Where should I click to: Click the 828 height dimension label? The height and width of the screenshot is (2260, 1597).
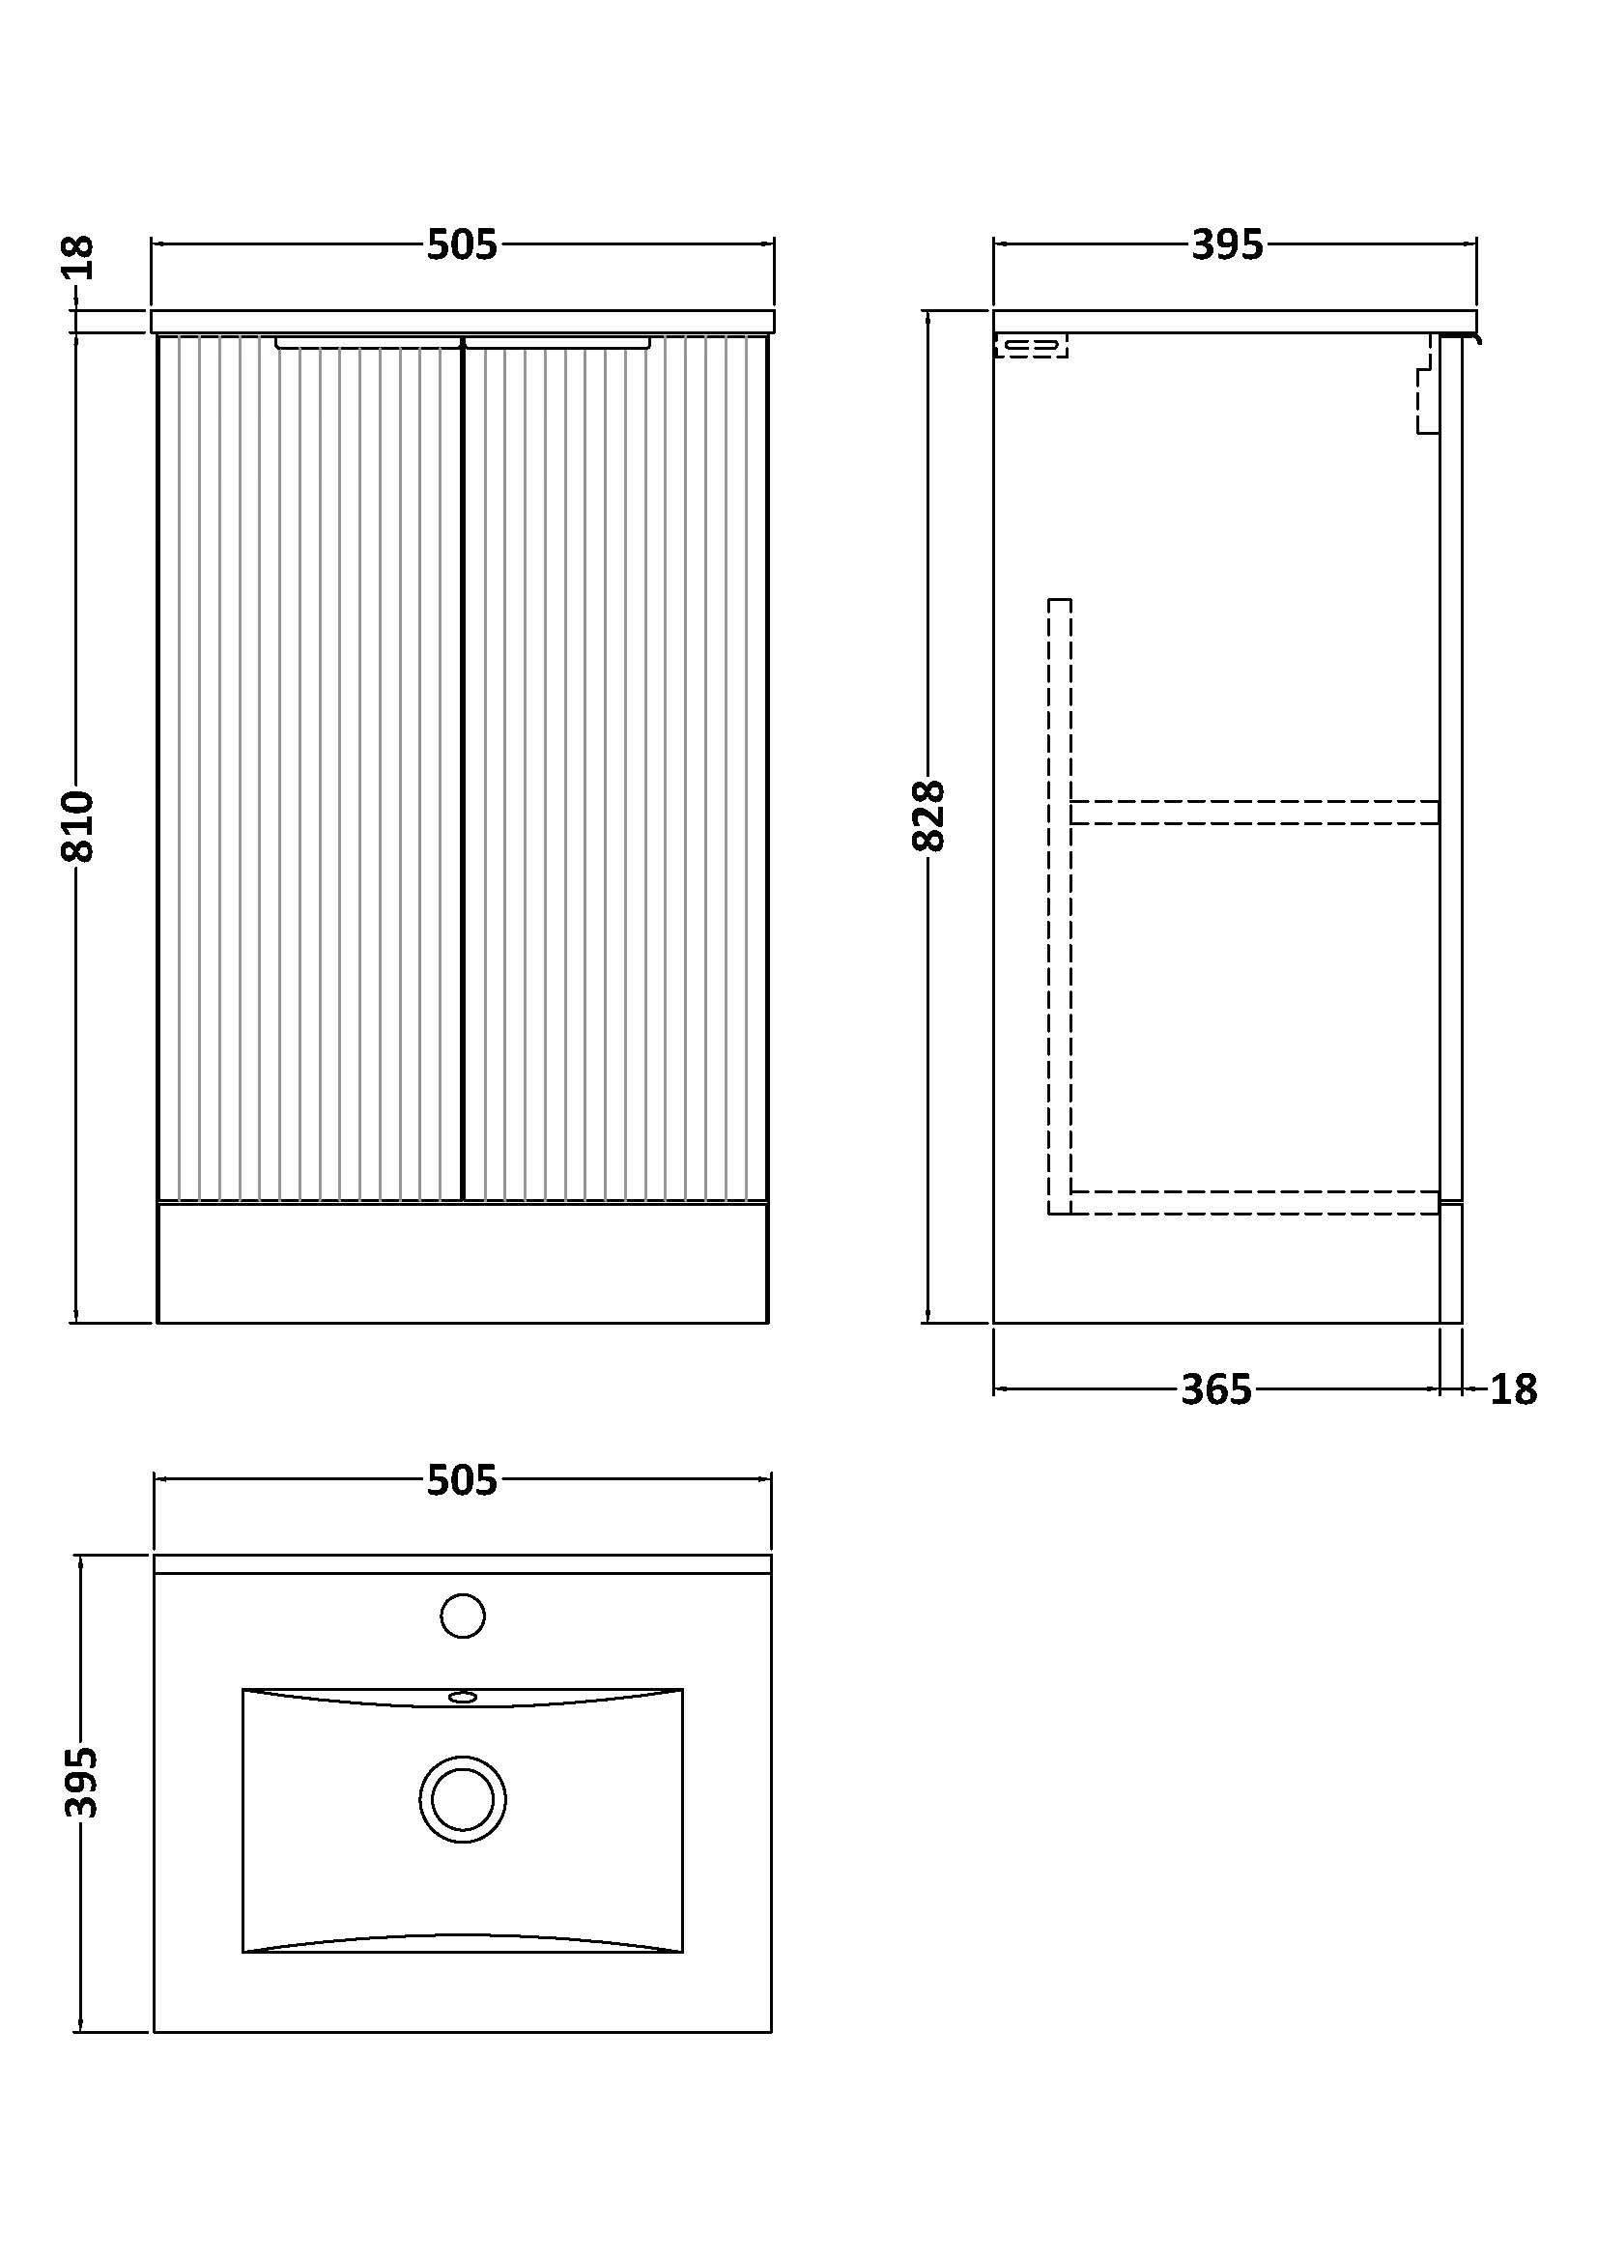click(928, 815)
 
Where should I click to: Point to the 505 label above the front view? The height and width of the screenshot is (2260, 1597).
click(462, 245)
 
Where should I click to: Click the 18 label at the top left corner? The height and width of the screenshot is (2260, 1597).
click(77, 256)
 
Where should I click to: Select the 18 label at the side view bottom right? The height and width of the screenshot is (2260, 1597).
click(1512, 1389)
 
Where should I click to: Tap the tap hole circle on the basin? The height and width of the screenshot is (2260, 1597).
click(463, 1616)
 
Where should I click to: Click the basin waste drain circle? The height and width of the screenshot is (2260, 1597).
click(463, 1799)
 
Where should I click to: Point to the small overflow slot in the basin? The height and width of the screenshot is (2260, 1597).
click(463, 1697)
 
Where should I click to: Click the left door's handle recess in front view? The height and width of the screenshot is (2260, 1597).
click(368, 343)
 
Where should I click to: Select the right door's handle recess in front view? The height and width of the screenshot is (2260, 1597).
click(557, 343)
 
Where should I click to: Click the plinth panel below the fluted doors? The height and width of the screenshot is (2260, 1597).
click(463, 1262)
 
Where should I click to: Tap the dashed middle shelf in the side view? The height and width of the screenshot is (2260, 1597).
click(1254, 812)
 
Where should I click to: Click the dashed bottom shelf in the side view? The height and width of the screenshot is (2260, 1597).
click(1254, 1202)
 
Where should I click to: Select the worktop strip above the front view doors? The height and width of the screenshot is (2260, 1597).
click(463, 321)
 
